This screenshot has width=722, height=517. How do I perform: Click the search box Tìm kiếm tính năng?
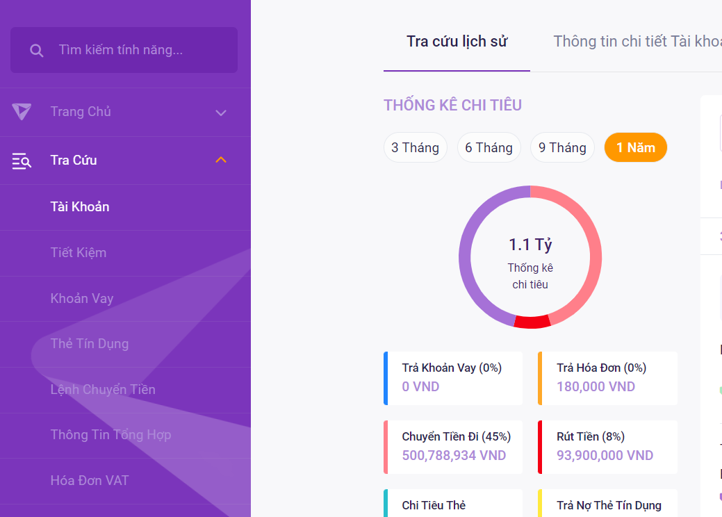point(132,50)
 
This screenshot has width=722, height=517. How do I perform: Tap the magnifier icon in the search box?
point(37,51)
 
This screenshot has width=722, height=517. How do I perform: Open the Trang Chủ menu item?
point(81,112)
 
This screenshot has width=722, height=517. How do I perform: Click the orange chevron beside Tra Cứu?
point(221,161)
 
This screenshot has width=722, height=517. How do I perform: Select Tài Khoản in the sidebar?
point(80,206)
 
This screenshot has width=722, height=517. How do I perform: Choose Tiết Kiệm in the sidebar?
point(79,252)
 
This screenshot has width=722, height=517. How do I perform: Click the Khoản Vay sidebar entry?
point(82,298)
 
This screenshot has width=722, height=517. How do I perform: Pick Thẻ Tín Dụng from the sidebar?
point(90,343)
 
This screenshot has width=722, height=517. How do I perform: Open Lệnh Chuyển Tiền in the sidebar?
point(103,389)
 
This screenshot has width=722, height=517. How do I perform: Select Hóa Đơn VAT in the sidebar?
point(90,480)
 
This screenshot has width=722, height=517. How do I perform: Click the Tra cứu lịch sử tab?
point(457,42)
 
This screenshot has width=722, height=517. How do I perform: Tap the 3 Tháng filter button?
point(415,147)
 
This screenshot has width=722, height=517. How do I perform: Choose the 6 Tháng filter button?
point(489,147)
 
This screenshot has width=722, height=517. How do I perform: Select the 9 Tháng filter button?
point(562,147)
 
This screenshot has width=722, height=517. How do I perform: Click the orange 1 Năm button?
point(635,147)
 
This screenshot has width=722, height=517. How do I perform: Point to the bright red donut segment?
point(532,321)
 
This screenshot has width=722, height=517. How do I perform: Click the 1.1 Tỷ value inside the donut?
point(530,245)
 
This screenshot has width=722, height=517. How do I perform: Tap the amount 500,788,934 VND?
point(454,456)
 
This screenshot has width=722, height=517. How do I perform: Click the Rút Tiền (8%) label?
point(591,436)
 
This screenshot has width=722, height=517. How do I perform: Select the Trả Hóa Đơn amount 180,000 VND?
point(596,387)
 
